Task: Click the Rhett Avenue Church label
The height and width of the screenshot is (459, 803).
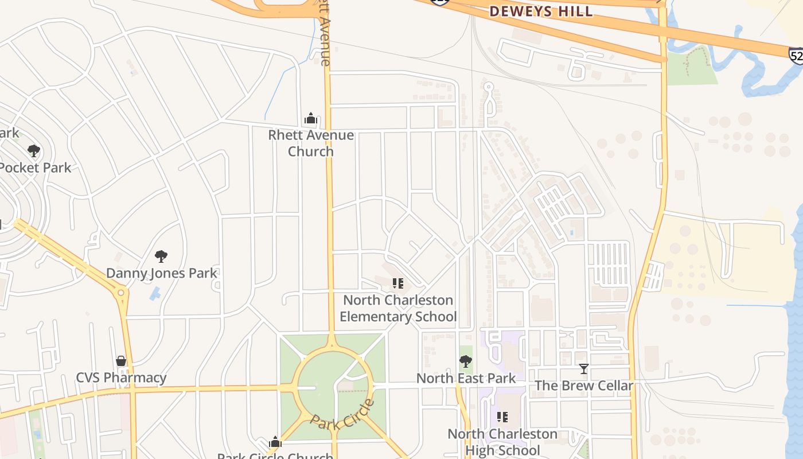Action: point(311,143)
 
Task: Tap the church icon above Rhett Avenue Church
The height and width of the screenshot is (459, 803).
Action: point(311,119)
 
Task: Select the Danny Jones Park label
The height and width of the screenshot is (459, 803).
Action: point(162,273)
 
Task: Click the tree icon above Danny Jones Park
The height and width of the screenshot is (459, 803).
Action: point(161,256)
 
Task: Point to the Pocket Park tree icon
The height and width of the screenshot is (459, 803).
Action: point(34,151)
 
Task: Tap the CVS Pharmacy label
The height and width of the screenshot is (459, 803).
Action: point(121,378)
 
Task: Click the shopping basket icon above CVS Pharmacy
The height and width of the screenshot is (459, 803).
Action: point(121,361)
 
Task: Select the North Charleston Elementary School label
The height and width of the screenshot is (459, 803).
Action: point(398,309)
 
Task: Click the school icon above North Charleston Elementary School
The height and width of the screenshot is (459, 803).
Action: point(397,283)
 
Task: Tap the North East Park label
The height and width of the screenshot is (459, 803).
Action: point(466,379)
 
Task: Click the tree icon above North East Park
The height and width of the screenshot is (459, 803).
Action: point(466,361)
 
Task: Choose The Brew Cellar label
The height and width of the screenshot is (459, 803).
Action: point(584,386)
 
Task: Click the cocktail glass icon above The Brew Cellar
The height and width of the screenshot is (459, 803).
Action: point(584,368)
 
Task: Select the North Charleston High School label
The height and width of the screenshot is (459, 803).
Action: point(502,442)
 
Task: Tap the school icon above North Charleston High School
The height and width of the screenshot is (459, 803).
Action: point(502,417)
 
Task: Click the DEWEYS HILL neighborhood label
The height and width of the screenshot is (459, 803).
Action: point(541,11)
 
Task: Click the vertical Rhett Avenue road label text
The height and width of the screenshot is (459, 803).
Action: point(325,34)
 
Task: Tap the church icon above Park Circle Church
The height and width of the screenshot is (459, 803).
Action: point(275,442)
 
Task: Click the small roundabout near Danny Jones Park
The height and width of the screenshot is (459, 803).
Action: point(120,293)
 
